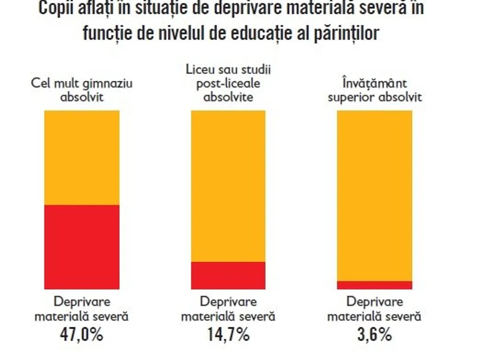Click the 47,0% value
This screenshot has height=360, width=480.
(x=82, y=334)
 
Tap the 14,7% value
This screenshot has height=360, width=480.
(x=228, y=334)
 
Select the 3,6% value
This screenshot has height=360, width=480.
(x=374, y=334)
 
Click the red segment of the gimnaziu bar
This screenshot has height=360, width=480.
(x=82, y=246)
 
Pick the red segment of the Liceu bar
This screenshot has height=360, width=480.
(x=228, y=275)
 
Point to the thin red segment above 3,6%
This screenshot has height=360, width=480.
(x=374, y=285)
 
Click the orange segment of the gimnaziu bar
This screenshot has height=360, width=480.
(x=82, y=158)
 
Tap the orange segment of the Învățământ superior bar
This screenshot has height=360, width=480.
(x=374, y=195)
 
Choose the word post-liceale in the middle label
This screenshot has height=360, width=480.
(x=228, y=84)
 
